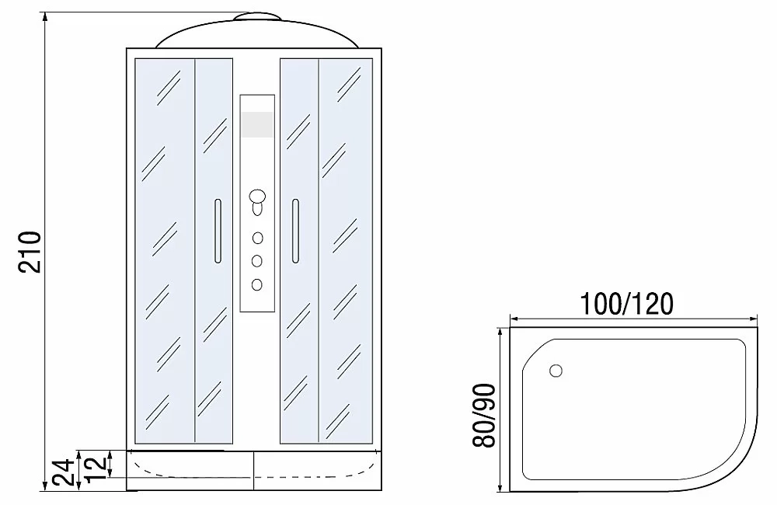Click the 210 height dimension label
(30, 251)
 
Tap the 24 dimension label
(64, 472)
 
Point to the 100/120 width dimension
(626, 304)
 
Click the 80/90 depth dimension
(483, 416)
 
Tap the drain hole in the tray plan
(556, 370)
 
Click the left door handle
(218, 231)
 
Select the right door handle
(295, 231)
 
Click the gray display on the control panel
(257, 124)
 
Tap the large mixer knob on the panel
(257, 197)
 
